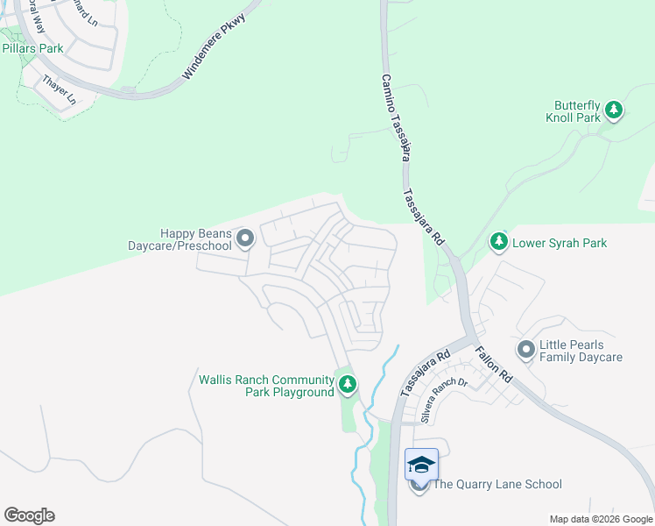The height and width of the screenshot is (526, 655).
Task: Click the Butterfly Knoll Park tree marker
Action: coord(615,110)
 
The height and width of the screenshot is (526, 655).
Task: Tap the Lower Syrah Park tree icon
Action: coord(499,240)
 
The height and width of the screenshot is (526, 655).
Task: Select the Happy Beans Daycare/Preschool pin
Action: coord(245,238)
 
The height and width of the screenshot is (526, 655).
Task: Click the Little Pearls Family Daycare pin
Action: coord(525,350)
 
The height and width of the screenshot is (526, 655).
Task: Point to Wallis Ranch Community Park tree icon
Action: coord(348,384)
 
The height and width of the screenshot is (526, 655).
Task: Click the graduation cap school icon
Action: coord(421,464)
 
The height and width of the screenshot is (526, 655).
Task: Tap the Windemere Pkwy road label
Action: coord(216,53)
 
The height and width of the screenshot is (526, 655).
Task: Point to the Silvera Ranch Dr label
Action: coord(444,401)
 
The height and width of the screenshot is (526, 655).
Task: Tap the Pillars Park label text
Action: coord(32,48)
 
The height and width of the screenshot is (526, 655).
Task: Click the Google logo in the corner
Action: coord(29,515)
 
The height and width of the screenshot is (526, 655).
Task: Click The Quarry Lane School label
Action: coord(497,484)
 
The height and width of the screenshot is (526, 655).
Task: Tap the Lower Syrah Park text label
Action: coord(560,243)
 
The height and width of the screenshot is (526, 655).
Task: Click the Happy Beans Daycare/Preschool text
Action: coord(195,239)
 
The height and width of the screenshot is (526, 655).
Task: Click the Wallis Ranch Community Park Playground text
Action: coord(266,386)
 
